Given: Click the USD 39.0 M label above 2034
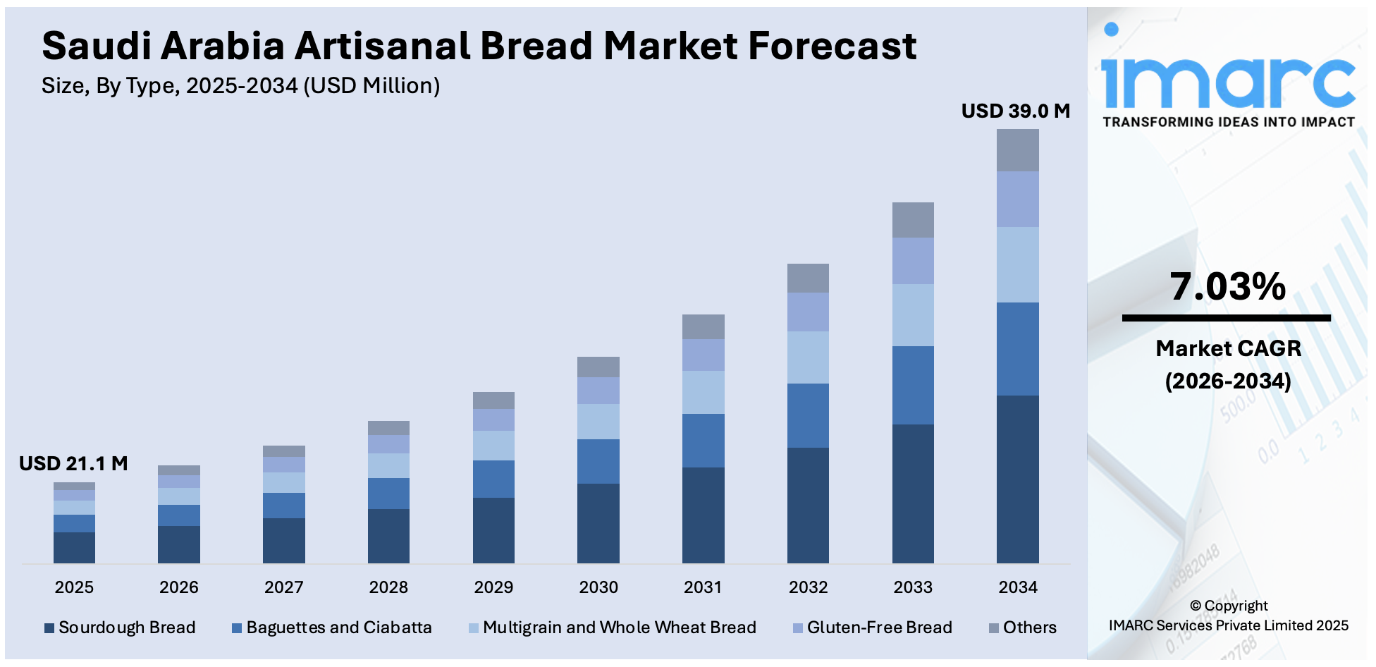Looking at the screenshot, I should tap(1015, 111).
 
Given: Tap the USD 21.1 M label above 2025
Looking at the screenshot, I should tap(73, 463).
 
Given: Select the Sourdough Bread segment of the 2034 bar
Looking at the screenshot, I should tap(1017, 479).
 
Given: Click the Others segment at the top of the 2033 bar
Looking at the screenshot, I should tap(913, 220).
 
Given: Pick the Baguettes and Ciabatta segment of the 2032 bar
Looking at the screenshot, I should tap(808, 415).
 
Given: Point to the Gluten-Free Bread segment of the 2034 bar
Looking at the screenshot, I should tap(1017, 199).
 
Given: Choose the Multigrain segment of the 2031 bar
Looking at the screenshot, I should tap(703, 392).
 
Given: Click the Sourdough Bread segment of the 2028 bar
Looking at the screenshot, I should tap(388, 536).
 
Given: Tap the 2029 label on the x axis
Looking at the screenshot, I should tap(493, 587).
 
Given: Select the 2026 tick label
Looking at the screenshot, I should tap(179, 587).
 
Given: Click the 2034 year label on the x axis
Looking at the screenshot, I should tap(1017, 587).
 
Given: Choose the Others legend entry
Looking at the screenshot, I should tap(1023, 628).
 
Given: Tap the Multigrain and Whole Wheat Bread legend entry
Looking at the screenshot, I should tap(613, 628).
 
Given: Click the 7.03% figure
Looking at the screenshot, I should tap(1227, 287).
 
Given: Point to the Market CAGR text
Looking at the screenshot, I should tap(1228, 348).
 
